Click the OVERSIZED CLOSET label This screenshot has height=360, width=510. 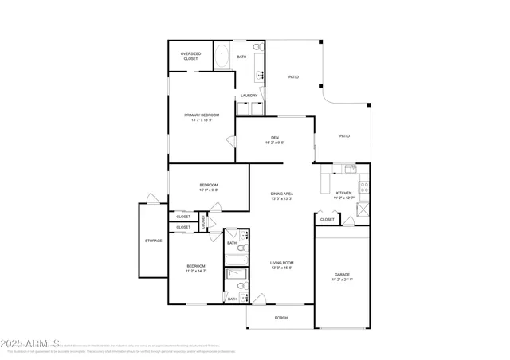click(x=190, y=56)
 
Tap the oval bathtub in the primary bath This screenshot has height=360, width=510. click(x=222, y=57)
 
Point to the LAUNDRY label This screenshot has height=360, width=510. click(x=249, y=96)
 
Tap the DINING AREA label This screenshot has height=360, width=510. click(x=282, y=194)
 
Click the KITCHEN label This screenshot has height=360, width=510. click(x=343, y=193)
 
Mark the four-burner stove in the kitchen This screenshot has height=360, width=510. click(x=364, y=188)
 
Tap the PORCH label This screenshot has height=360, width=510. click(x=281, y=317)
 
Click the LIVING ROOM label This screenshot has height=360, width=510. click(x=282, y=262)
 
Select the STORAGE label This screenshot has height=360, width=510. click(x=153, y=241)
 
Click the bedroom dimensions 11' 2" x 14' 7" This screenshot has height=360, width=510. click(x=196, y=271)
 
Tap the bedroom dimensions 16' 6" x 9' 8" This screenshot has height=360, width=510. click(x=209, y=190)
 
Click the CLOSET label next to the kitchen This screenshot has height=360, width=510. click(x=327, y=219)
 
